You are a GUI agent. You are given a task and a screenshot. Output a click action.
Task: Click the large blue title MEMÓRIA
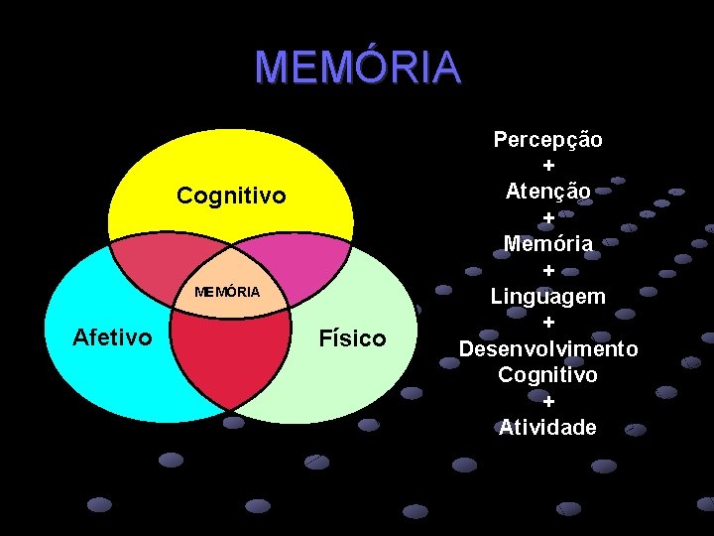click(x=358, y=67)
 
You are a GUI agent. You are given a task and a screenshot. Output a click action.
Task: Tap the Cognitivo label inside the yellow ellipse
click(x=231, y=197)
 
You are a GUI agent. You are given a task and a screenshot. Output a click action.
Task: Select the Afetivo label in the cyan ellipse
click(x=113, y=337)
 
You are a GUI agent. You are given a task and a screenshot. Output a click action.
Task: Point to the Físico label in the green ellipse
click(x=352, y=338)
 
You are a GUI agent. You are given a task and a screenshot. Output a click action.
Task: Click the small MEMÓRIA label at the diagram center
click(x=227, y=292)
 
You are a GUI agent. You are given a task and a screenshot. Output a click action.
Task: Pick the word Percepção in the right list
click(x=548, y=139)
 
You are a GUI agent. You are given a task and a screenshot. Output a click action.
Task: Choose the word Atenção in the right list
click(x=548, y=190)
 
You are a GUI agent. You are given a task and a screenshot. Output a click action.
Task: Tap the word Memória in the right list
click(x=548, y=243)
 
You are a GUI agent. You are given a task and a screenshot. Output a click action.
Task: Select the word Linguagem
click(x=548, y=296)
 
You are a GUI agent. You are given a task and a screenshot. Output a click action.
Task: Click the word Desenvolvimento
click(x=548, y=349)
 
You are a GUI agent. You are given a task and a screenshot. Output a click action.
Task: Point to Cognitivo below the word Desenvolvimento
click(x=548, y=375)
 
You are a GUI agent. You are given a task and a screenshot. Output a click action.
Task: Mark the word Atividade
click(x=548, y=428)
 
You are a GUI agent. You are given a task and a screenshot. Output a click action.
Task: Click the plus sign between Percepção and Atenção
click(x=548, y=165)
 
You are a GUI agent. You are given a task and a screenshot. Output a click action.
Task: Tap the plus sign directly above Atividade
click(x=548, y=402)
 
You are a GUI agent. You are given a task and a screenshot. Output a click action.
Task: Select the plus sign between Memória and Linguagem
click(x=548, y=270)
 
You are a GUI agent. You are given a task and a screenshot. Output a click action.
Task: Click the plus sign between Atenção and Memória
click(x=548, y=216)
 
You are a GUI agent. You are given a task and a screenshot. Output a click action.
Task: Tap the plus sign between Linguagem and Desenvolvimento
click(x=548, y=323)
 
